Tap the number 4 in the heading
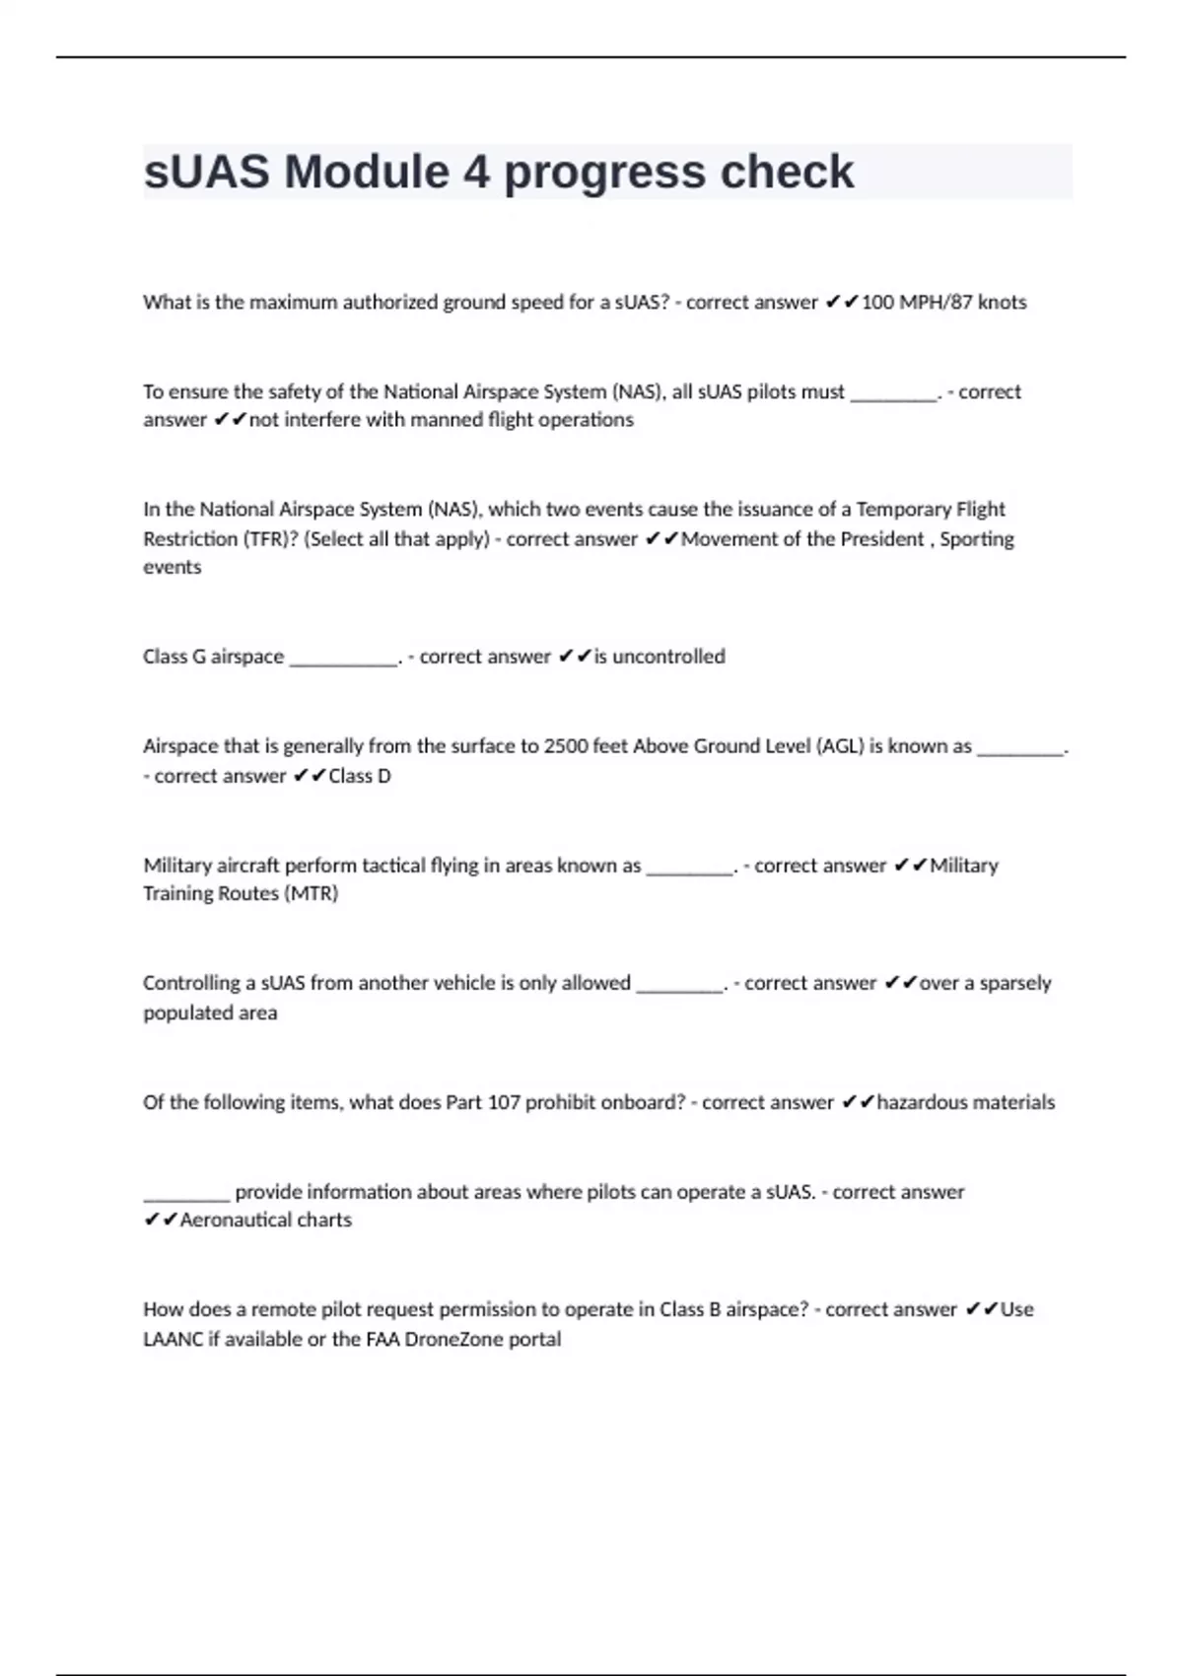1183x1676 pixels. [x=476, y=173]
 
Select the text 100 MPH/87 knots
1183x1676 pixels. [x=943, y=303]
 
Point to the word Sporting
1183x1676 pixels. [x=977, y=539]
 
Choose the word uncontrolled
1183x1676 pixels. [x=668, y=657]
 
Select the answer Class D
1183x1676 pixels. [x=360, y=776]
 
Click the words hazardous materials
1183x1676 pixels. [x=965, y=1102]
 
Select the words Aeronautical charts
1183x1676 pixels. [x=266, y=1221]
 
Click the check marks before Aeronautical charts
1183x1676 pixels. [x=161, y=1221]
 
